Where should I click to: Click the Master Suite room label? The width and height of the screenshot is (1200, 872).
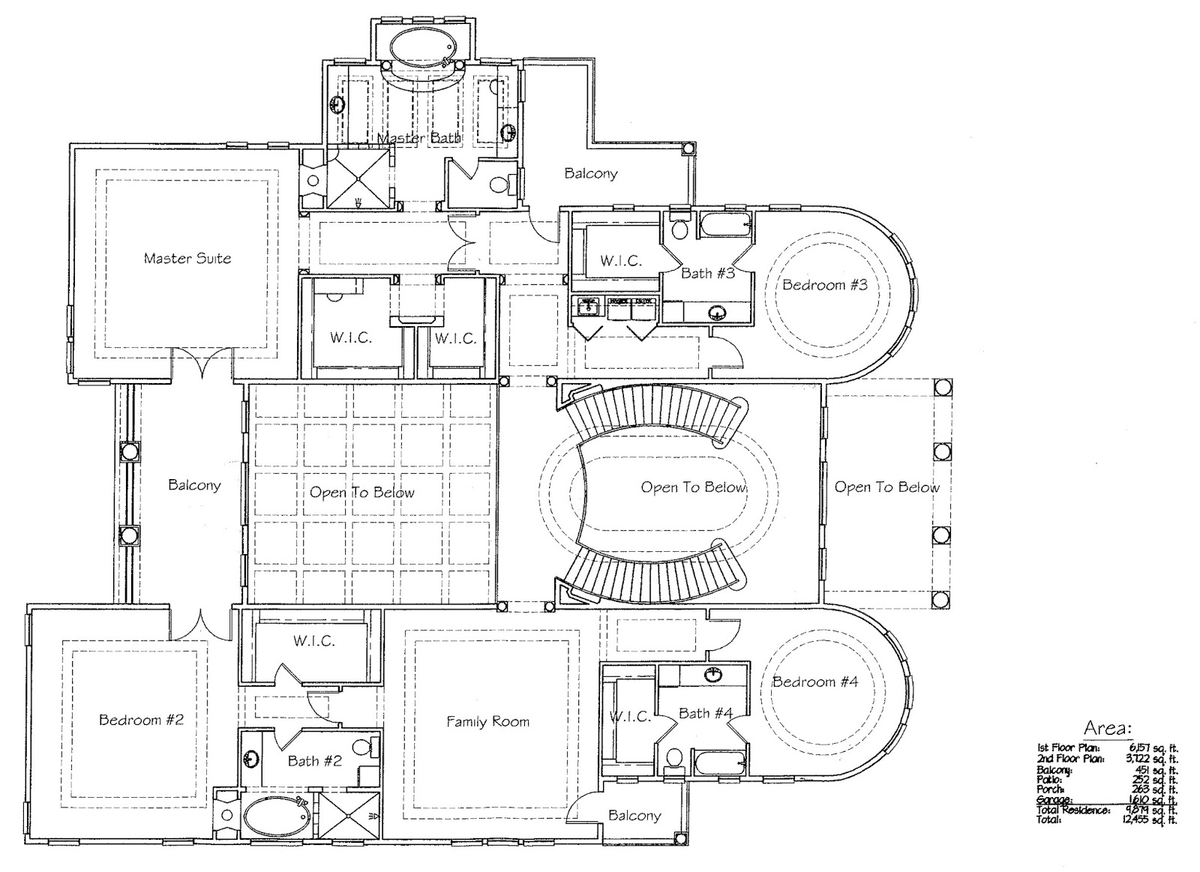pos(187,259)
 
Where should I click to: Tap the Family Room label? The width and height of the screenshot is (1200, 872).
pos(487,722)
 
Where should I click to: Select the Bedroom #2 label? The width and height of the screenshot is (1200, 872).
pos(141,720)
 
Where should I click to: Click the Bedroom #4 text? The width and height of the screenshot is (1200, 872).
pos(815,682)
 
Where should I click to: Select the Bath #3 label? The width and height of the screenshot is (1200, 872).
pos(707,273)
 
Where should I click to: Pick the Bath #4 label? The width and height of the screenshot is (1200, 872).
pos(706,713)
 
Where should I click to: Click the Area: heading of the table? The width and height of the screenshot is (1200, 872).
pos(1106,727)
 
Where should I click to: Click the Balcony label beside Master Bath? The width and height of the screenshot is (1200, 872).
pos(591,173)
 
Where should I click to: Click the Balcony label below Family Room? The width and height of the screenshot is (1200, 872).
pos(634,815)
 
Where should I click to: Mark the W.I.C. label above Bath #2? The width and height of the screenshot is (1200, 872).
pos(313,641)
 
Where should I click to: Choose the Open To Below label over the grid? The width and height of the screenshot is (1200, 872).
pos(361,493)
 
